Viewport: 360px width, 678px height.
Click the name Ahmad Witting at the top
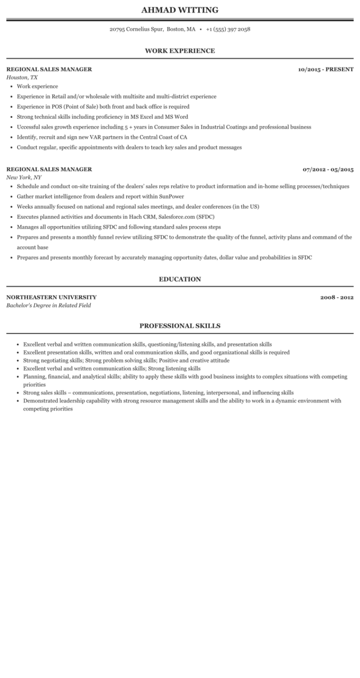tap(180, 10)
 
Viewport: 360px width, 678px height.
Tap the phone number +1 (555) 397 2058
tap(228, 29)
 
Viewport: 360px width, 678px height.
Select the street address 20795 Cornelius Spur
tap(136, 29)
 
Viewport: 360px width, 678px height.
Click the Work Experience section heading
tap(180, 51)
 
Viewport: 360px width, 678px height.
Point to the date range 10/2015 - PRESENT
tap(325, 69)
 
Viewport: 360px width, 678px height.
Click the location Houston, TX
tap(22, 77)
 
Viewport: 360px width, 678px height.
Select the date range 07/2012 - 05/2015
tap(328, 169)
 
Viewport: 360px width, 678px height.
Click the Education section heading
tap(180, 279)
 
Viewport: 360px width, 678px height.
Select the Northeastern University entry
tap(51, 297)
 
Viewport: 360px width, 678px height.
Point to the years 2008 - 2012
tap(337, 297)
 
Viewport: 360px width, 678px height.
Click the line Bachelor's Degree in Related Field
tap(48, 306)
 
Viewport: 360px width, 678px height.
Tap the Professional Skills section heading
tap(180, 326)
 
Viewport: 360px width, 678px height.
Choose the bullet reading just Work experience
tap(37, 86)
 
